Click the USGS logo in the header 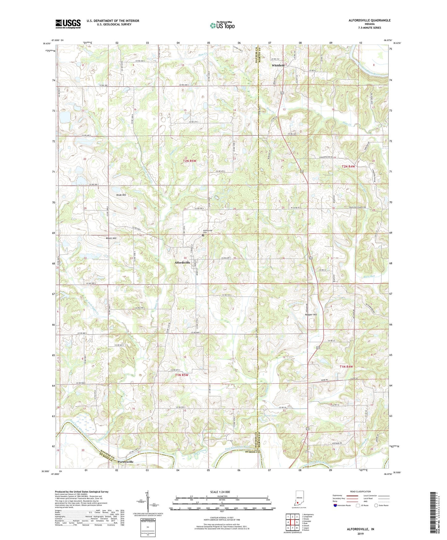pyautogui.click(x=68, y=24)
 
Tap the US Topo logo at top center pyautogui.click(x=222, y=25)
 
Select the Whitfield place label pyautogui.click(x=278, y=66)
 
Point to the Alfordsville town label pyautogui.click(x=182, y=262)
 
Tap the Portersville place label pyautogui.click(x=126, y=461)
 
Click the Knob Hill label pyautogui.click(x=121, y=195)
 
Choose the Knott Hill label pyautogui.click(x=111, y=238)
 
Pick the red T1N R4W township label pyautogui.click(x=346, y=366)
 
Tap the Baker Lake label pyautogui.click(x=270, y=416)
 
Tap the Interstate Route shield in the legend pyautogui.click(x=335, y=505)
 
